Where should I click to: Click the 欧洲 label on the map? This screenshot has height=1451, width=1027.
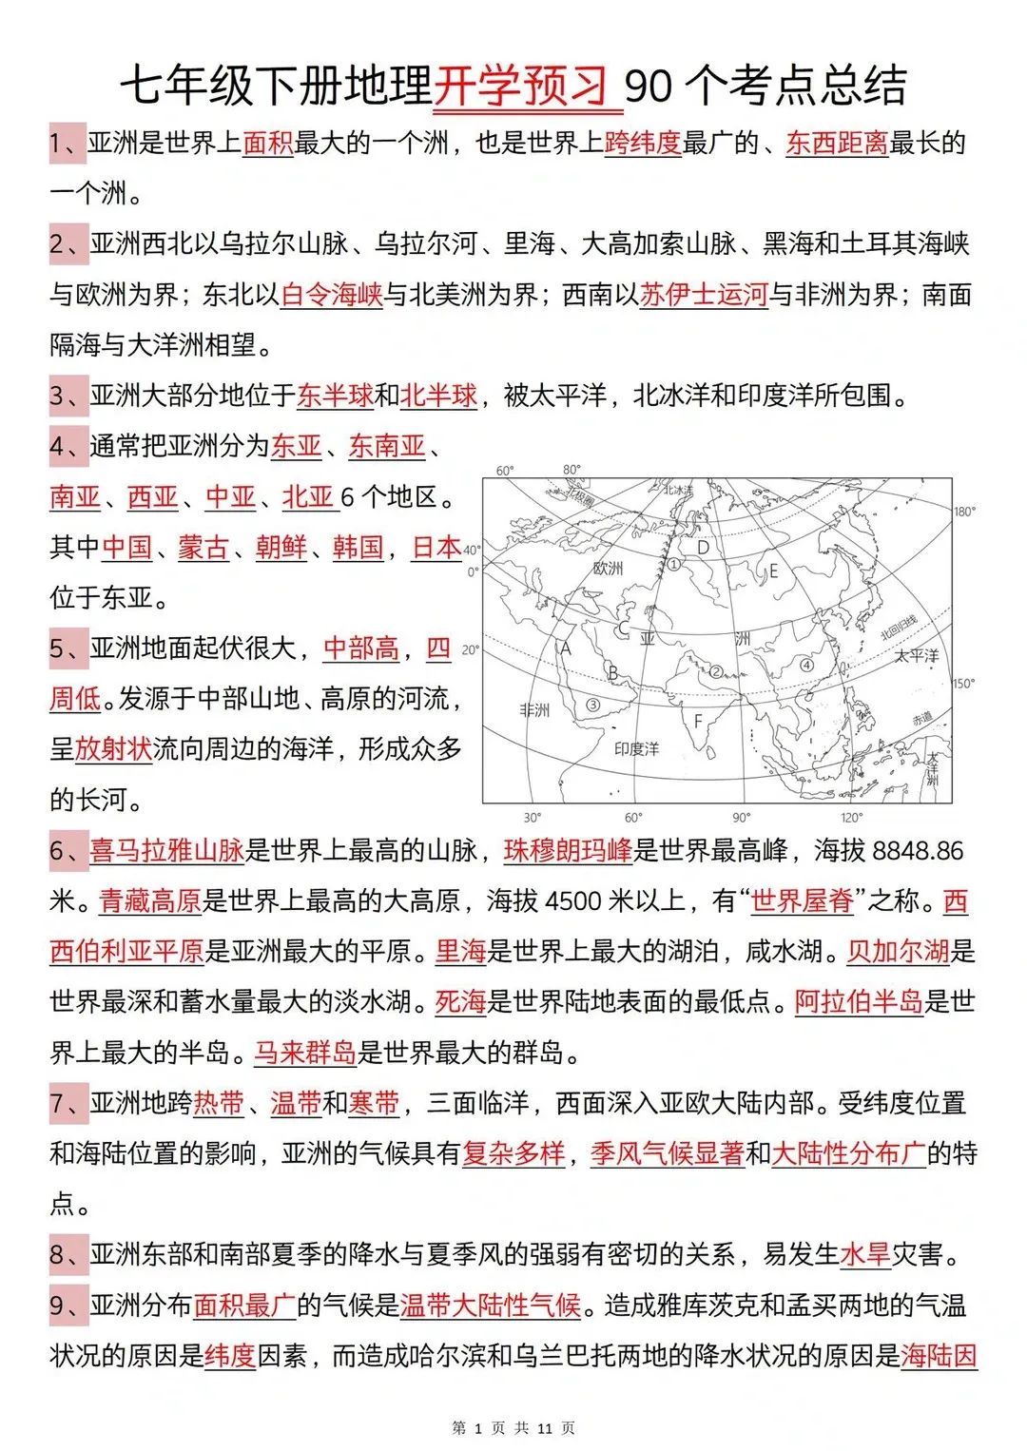pyautogui.click(x=608, y=568)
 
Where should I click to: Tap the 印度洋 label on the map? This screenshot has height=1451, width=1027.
pyautogui.click(x=636, y=748)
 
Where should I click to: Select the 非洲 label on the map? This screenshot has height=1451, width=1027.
pyautogui.click(x=534, y=709)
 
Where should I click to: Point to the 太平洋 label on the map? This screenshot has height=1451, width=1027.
pyautogui.click(x=916, y=655)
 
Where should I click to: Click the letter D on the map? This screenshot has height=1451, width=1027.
pyautogui.click(x=704, y=547)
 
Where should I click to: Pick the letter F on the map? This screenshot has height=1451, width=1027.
pyautogui.click(x=698, y=722)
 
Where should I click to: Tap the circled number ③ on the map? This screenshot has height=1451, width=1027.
pyautogui.click(x=592, y=705)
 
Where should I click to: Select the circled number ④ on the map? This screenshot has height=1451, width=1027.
pyautogui.click(x=806, y=665)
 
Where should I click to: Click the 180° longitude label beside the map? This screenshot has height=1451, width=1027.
pyautogui.click(x=964, y=512)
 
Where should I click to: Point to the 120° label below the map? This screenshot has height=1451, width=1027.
pyautogui.click(x=851, y=817)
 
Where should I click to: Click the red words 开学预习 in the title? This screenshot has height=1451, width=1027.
pyautogui.click(x=521, y=87)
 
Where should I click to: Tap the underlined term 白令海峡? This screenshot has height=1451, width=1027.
pyautogui.click(x=332, y=295)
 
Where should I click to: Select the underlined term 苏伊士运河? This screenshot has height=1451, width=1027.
pyautogui.click(x=704, y=295)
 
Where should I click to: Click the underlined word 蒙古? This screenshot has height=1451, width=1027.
pyautogui.click(x=203, y=547)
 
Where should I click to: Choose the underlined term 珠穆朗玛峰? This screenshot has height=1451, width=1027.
pyautogui.click(x=568, y=850)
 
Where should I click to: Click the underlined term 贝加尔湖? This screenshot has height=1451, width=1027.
pyautogui.click(x=898, y=951)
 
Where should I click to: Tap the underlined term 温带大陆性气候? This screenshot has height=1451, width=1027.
pyautogui.click(x=490, y=1305)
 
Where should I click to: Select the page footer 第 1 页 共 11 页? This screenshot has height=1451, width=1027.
pyautogui.click(x=513, y=1427)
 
